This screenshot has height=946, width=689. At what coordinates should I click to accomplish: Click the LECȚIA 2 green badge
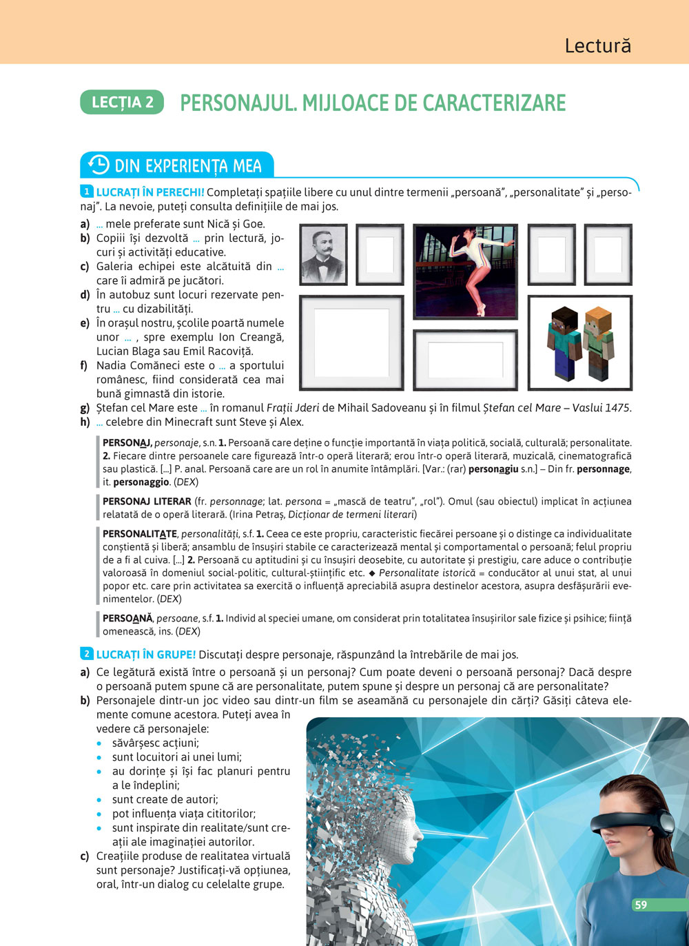(x=122, y=102)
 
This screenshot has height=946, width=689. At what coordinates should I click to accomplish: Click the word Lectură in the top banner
(x=597, y=45)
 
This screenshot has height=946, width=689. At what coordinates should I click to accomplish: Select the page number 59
(x=641, y=905)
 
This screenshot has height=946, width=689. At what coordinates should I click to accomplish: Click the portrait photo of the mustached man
(x=323, y=254)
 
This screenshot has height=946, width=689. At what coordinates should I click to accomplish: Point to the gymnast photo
(x=465, y=271)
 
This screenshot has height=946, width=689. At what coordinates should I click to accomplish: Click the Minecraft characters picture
(x=579, y=342)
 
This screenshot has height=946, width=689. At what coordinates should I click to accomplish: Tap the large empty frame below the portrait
(x=351, y=342)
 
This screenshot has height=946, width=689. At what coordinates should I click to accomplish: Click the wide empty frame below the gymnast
(x=465, y=360)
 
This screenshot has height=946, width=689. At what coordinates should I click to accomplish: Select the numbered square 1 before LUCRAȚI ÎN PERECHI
(x=87, y=192)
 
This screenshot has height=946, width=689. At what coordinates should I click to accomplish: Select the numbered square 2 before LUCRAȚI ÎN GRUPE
(x=87, y=653)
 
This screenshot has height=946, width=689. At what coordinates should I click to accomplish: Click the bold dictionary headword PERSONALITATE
(x=140, y=534)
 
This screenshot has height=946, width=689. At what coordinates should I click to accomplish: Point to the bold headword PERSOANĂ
(x=127, y=619)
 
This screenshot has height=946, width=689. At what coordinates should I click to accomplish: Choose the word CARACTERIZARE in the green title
(x=494, y=103)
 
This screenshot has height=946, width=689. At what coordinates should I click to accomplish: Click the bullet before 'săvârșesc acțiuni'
(x=100, y=743)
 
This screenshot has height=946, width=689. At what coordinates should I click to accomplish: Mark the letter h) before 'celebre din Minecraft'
(x=85, y=422)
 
